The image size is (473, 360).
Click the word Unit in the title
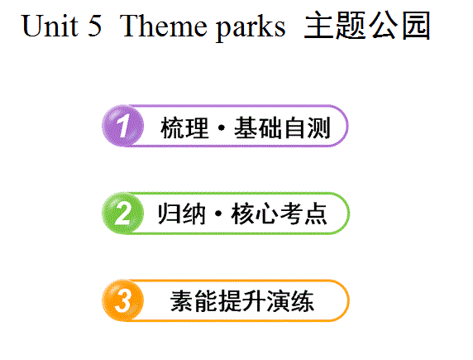[x=50, y=26]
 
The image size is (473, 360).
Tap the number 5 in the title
[x=95, y=26]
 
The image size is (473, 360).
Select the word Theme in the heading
[x=163, y=26]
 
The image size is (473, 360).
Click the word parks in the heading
[x=251, y=27]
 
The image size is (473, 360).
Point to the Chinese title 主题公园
[x=367, y=26]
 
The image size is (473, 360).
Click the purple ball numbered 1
[x=122, y=126]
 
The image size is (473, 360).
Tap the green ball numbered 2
[x=122, y=213]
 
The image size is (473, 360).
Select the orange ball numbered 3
[x=122, y=300]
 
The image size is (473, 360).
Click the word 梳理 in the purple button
[x=184, y=127]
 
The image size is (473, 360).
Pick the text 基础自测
[x=282, y=127]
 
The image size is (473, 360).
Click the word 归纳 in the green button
[x=182, y=214]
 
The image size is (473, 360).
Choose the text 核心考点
[x=279, y=214]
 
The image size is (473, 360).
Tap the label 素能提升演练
[x=242, y=301]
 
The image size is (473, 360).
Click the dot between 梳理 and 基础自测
[x=222, y=127]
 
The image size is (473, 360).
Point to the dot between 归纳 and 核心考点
[x=218, y=214]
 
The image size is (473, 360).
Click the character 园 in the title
[x=416, y=26]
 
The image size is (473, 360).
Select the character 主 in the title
[x=318, y=26]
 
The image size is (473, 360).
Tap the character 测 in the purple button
[x=318, y=127]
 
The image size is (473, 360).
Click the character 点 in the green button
[x=316, y=214]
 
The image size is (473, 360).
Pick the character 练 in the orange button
[x=303, y=301]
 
